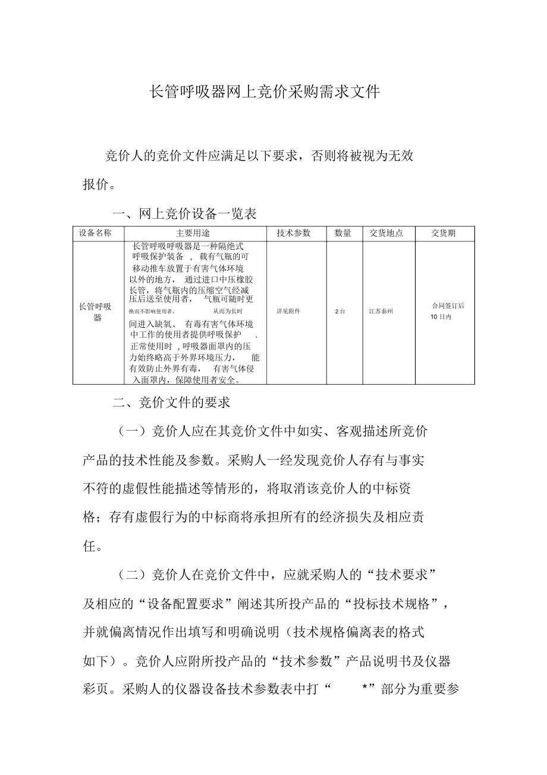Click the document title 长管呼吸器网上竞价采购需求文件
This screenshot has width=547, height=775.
(x=264, y=92)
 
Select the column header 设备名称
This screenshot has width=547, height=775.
(x=95, y=233)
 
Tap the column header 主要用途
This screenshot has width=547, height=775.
(x=193, y=233)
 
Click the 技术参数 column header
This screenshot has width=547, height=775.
(x=293, y=233)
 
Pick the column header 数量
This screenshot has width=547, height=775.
(x=343, y=233)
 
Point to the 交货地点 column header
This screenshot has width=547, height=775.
(x=386, y=233)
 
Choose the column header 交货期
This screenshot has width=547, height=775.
(x=443, y=233)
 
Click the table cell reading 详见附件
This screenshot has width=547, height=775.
(x=288, y=311)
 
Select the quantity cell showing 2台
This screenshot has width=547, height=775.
(x=340, y=311)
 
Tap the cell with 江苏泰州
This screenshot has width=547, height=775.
(x=381, y=311)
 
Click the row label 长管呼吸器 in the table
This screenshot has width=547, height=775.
(x=95, y=312)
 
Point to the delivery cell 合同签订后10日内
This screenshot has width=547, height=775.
(x=447, y=311)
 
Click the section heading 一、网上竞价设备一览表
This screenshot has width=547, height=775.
(x=184, y=214)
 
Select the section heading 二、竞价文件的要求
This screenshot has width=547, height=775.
(x=171, y=403)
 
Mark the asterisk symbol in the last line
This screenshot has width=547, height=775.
(x=364, y=689)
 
